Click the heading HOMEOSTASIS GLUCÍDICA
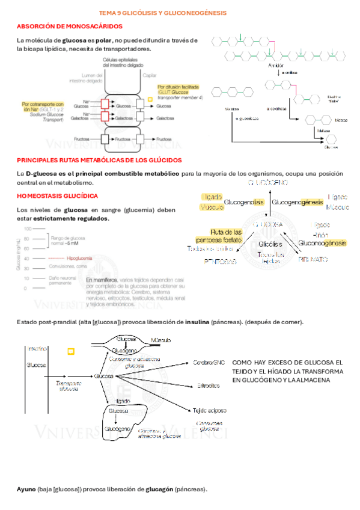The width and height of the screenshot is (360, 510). point(58,196)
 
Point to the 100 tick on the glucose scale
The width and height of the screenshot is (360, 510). point(28,229)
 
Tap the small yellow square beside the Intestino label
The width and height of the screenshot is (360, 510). point(71,350)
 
